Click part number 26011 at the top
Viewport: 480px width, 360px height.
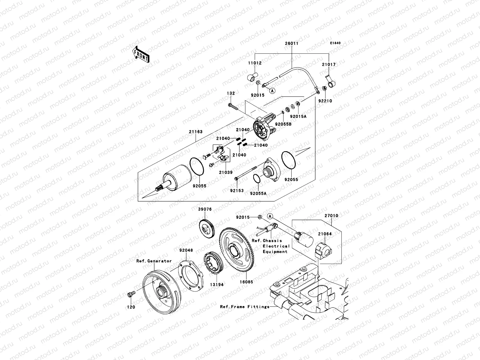coord(291,43)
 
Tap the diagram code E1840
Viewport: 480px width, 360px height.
coord(335,43)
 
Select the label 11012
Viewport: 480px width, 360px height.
coord(255,63)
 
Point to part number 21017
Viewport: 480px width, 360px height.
coord(329,64)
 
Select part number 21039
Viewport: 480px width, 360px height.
coord(226,172)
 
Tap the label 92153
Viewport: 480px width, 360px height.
coord(237,190)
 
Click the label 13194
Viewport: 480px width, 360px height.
coord(216,284)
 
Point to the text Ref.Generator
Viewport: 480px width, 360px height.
coord(154,261)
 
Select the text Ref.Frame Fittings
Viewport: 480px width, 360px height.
coord(244,307)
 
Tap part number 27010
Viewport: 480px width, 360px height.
coord(331,215)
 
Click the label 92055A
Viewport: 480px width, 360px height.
coord(258,193)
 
